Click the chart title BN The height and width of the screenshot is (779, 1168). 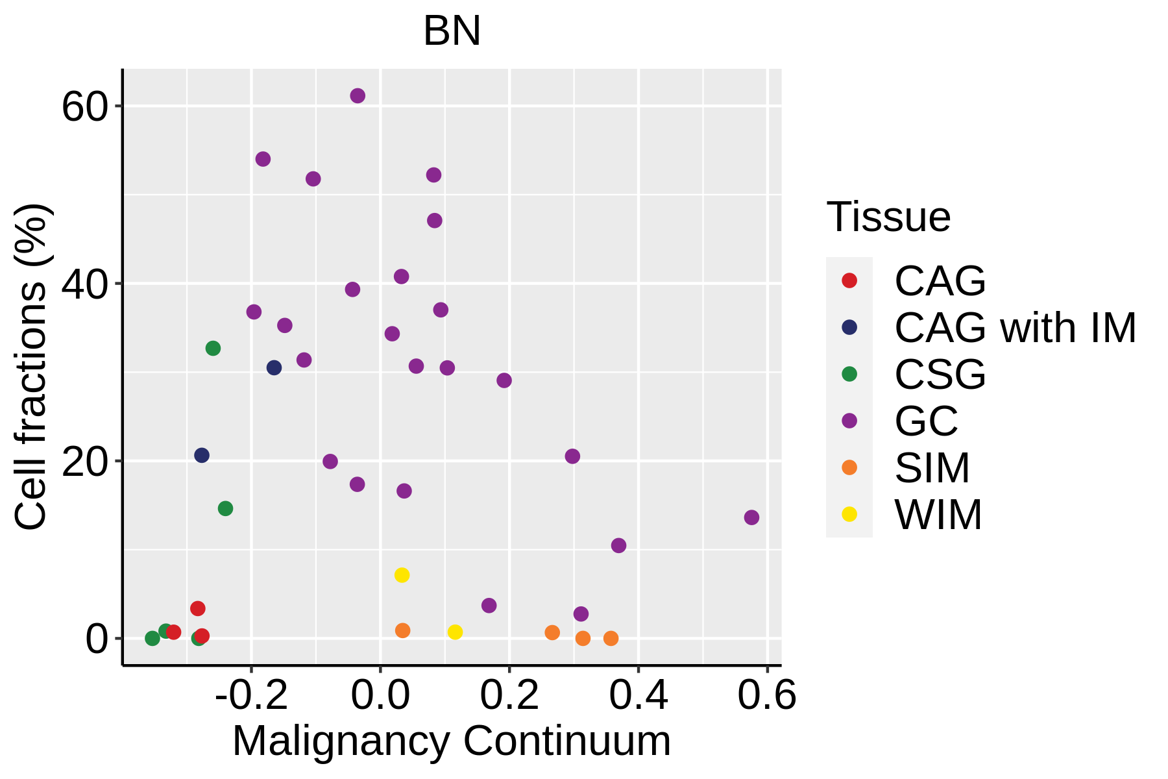(x=452, y=31)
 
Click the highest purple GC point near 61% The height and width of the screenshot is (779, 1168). (x=358, y=96)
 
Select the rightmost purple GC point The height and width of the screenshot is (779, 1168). (x=751, y=517)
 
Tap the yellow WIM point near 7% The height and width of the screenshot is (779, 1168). (x=402, y=575)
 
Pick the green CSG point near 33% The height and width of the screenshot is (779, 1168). (x=213, y=349)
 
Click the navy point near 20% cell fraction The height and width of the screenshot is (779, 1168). (x=202, y=455)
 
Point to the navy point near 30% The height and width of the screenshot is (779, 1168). (x=274, y=368)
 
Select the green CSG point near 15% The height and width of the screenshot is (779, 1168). (x=225, y=508)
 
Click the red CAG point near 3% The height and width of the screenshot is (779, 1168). (x=198, y=608)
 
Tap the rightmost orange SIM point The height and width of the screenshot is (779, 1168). (x=611, y=638)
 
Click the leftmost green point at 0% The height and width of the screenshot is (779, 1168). (x=152, y=638)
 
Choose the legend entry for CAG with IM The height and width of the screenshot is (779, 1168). (x=1015, y=328)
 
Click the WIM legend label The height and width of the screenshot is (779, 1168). (x=938, y=515)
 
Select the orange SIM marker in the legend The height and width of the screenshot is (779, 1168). (x=849, y=467)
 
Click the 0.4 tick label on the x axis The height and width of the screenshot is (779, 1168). (x=639, y=696)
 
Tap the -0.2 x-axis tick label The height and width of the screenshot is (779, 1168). (x=251, y=696)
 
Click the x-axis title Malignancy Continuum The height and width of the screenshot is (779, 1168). (x=452, y=741)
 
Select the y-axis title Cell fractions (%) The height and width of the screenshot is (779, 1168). (x=31, y=367)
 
